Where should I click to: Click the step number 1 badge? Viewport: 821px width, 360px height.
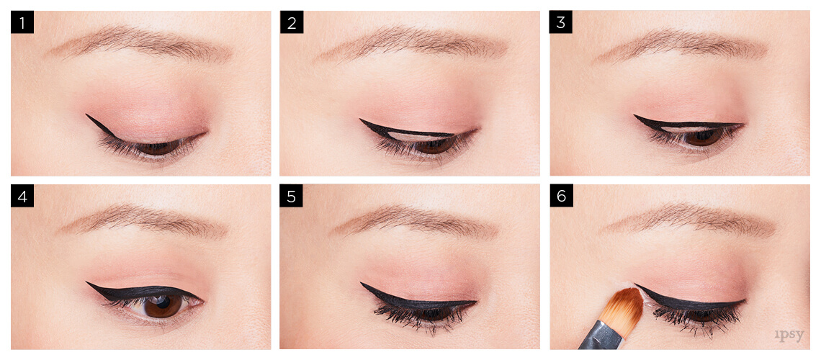tap(22, 22)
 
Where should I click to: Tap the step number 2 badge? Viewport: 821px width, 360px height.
tap(291, 22)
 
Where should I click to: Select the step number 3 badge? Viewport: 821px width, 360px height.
tap(560, 22)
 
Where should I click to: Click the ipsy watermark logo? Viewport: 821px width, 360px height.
tap(789, 335)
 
